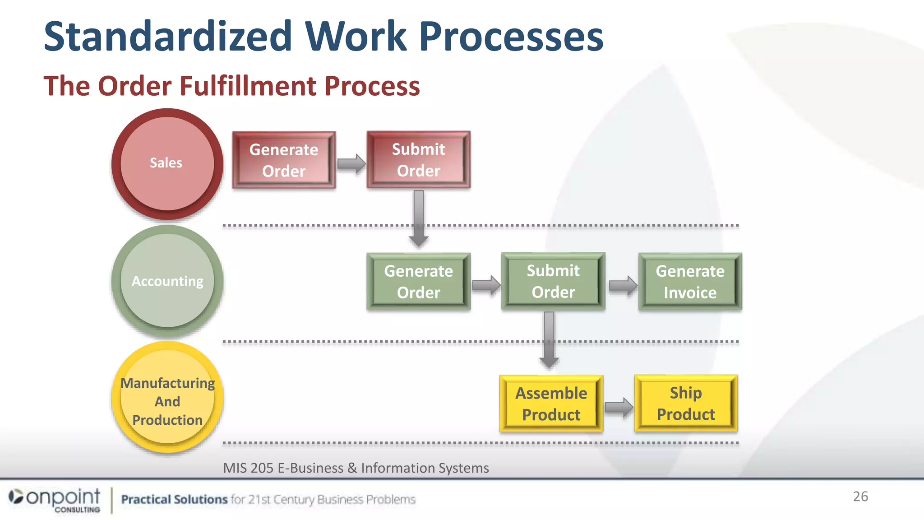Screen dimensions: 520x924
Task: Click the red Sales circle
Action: [x=167, y=163]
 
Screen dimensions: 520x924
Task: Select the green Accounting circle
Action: [x=167, y=281]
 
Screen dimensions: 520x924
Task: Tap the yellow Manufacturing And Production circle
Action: [x=167, y=397]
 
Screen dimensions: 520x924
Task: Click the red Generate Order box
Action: [x=284, y=160]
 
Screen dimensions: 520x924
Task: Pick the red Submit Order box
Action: [x=418, y=160]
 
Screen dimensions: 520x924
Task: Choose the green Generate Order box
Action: [x=418, y=282]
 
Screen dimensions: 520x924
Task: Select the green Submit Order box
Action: [x=553, y=281]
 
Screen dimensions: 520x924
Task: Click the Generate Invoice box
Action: [x=690, y=282]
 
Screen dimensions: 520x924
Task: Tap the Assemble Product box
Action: [x=551, y=404]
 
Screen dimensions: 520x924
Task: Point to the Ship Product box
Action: [x=685, y=403]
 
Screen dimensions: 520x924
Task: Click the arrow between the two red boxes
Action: [x=351, y=163]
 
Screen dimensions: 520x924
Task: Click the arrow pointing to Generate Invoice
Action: [x=623, y=286]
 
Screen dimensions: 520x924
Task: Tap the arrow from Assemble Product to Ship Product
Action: [x=619, y=407]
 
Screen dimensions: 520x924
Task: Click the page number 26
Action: [x=860, y=496]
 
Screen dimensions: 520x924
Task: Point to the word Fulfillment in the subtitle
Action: [x=248, y=86]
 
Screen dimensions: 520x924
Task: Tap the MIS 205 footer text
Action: [x=356, y=468]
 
